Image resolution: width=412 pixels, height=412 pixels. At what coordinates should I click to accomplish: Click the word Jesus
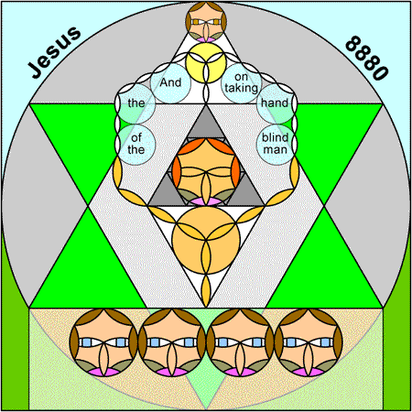coord(54,52)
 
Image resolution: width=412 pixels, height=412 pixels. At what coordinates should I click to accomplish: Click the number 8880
coord(367,58)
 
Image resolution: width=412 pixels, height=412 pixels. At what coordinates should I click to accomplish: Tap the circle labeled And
coord(170,82)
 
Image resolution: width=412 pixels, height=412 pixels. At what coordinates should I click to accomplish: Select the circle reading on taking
coord(242,82)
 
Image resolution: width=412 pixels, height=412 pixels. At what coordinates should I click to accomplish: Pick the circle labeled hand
coord(276,103)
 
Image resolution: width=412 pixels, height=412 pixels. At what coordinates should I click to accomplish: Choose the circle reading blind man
coord(276,145)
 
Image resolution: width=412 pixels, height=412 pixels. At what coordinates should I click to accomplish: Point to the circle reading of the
coord(136,145)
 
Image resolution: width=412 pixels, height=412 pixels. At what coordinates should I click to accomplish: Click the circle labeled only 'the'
coord(136,103)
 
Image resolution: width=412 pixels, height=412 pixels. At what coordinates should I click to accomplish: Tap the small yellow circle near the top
coord(206,62)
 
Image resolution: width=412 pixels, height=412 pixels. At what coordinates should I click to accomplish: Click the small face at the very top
coord(206,22)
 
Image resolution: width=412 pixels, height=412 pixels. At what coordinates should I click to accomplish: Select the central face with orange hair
coord(206,171)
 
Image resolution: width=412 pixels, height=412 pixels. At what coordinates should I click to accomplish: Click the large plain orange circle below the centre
coord(206,240)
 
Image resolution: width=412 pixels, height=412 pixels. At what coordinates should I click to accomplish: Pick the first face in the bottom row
coord(103,342)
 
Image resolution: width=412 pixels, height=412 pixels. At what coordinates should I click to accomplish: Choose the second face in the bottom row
coord(172,342)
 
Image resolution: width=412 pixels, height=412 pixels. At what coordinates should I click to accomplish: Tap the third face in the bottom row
coord(240,342)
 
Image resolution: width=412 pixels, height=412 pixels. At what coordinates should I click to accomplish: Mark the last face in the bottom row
coord(309,342)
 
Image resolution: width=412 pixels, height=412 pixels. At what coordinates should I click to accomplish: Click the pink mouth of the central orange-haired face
coord(206,201)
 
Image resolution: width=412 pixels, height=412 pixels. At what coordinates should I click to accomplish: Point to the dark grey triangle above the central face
coord(206,125)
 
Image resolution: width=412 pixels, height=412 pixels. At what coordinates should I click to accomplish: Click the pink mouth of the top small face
coord(206,39)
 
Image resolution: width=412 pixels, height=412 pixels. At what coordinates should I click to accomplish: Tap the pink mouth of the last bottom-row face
coord(309,372)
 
